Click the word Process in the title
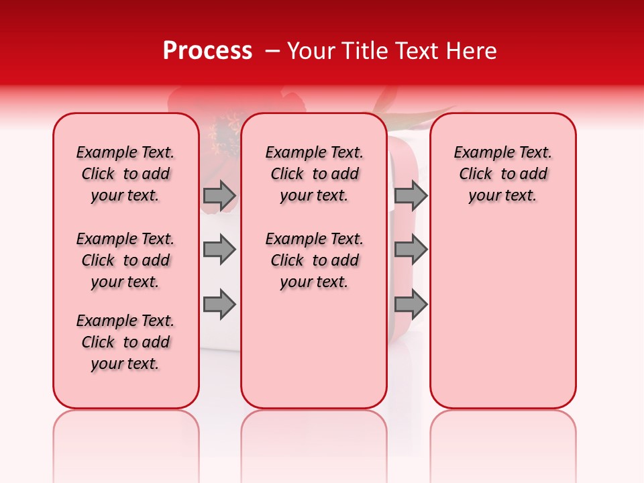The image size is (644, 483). tap(207, 51)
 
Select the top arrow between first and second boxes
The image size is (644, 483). tap(219, 195)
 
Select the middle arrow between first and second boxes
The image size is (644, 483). tap(219, 250)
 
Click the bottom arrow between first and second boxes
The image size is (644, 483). tap(219, 305)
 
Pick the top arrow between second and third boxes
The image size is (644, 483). tap(411, 195)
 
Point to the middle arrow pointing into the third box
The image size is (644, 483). tap(411, 250)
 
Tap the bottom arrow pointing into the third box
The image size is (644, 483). tap(411, 305)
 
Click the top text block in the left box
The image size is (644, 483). tap(125, 174)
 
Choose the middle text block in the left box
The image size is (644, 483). tap(125, 260)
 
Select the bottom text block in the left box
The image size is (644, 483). tap(125, 342)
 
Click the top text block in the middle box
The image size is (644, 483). tap(314, 174)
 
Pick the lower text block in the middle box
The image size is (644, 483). tap(314, 260)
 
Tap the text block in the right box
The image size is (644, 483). tap(502, 174)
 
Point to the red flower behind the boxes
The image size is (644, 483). tap(221, 127)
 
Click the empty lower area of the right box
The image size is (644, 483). tap(502, 322)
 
